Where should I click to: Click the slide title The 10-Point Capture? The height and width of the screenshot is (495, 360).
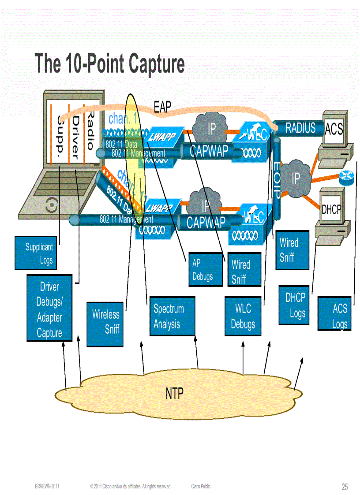coord(109,63)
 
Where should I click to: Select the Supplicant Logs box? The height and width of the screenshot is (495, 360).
coord(35,253)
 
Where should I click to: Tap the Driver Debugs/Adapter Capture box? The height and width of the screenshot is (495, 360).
coord(49,308)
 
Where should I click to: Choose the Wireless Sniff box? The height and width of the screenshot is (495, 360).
coord(105,321)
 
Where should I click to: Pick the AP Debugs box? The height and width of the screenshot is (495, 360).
coord(205,269)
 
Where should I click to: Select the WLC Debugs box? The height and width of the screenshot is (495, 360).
coord(243,316)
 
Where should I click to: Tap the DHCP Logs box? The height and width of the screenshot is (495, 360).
coord(294,305)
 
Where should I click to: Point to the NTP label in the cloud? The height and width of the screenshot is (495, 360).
coord(175,394)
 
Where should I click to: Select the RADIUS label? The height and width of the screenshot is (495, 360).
coord(300,128)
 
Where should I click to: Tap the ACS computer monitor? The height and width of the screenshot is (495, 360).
coord(334,129)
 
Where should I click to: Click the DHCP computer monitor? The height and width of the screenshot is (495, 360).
coord(331,210)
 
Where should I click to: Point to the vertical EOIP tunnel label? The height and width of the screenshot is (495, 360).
coord(277,180)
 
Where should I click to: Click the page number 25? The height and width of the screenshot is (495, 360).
coord(345,487)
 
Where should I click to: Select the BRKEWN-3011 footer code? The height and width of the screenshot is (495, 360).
coord(47,487)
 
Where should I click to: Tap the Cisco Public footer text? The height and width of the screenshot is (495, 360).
coord(201,487)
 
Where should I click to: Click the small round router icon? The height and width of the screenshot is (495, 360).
coord(346,178)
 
